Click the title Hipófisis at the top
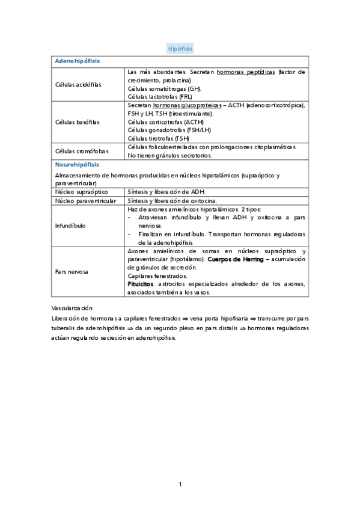tap(180, 49)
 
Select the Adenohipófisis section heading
tap(78, 61)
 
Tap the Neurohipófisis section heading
tap(77, 164)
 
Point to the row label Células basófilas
tap(78, 121)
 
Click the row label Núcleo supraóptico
tap(81, 191)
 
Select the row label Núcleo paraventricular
tap(86, 200)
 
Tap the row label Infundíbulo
tap(70, 226)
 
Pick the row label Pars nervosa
tap(72, 272)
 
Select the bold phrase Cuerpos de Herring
tap(236, 259)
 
